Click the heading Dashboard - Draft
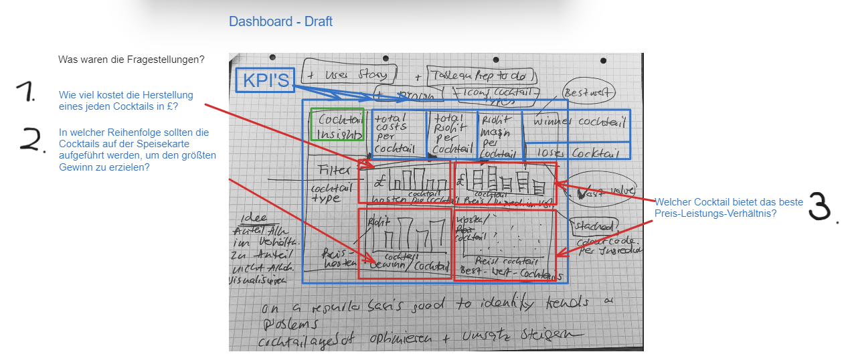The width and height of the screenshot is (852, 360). (x=280, y=21)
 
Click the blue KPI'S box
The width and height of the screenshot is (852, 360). (x=266, y=80)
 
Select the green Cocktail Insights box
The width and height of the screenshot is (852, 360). (x=337, y=124)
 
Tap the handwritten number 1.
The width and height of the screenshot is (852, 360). (x=29, y=94)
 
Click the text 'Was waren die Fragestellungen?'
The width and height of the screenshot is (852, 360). (x=131, y=60)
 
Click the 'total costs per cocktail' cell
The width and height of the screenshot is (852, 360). (x=398, y=134)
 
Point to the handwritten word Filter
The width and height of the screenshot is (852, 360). (x=334, y=170)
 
